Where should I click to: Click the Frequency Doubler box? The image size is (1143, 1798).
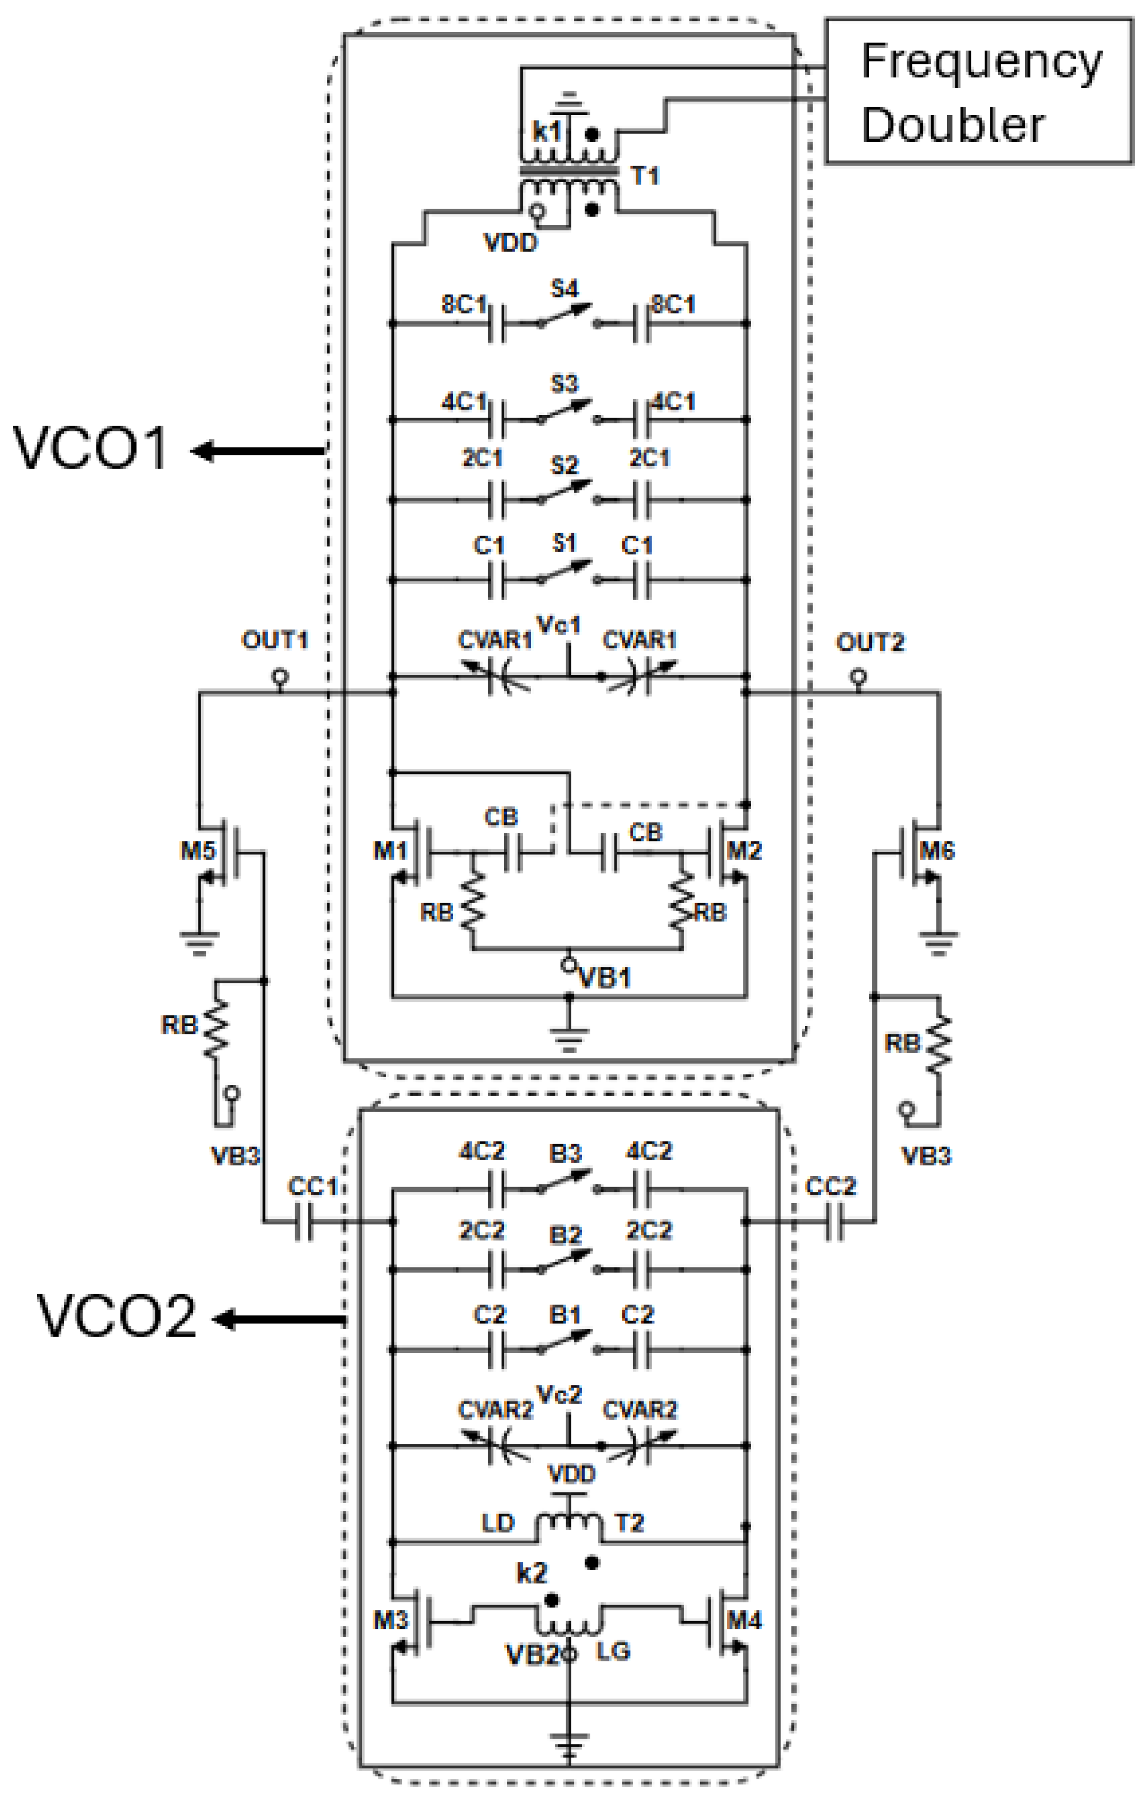(x=978, y=91)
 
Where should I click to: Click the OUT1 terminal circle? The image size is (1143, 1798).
(x=280, y=677)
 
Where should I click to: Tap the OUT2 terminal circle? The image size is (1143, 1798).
(x=858, y=677)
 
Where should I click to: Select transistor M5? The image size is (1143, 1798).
(x=224, y=852)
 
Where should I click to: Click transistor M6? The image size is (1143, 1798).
(x=915, y=852)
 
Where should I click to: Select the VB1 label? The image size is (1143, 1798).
(x=605, y=978)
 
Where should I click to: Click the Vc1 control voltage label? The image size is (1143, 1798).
(x=558, y=625)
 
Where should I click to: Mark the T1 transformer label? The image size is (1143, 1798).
(x=645, y=176)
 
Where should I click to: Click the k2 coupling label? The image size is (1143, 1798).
(x=532, y=1573)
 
